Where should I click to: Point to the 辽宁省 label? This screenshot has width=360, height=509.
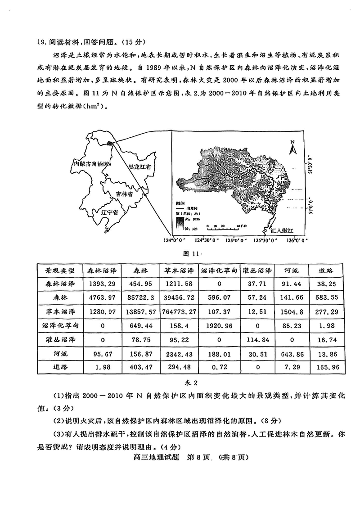coord(109,212)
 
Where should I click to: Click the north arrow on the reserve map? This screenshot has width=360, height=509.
coord(292,145)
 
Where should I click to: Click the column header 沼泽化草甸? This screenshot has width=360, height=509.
coord(217,271)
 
